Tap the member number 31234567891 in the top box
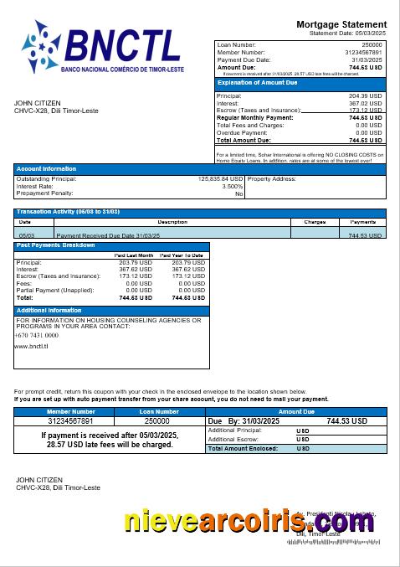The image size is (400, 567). point(361,52)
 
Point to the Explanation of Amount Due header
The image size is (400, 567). point(257,83)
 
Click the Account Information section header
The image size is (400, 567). point(46,169)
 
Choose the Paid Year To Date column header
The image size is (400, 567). point(182,255)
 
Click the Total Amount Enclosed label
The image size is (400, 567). point(244,449)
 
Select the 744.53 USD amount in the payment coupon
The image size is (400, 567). point(346,421)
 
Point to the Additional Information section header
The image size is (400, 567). point(49,311)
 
